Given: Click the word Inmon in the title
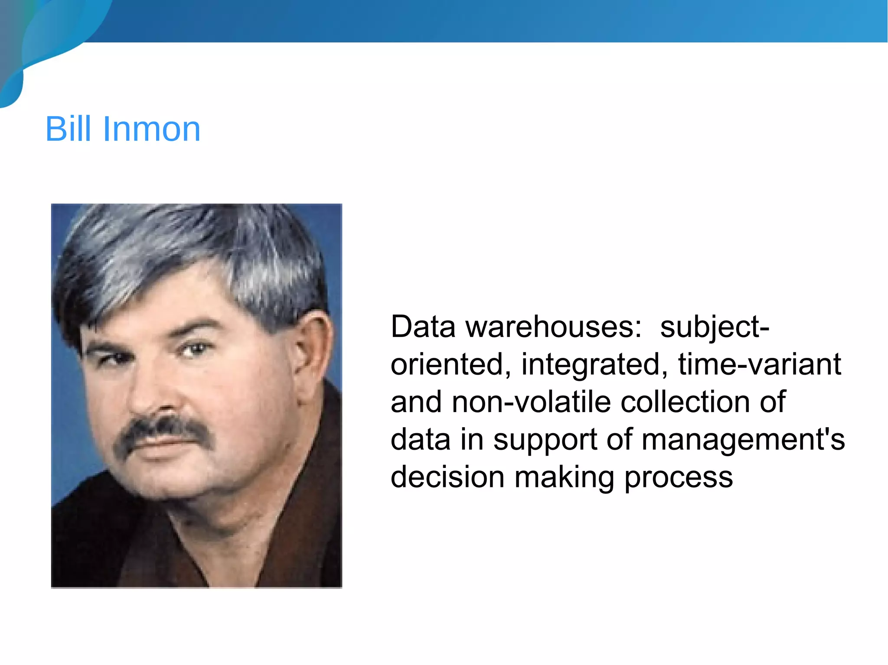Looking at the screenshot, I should (151, 129).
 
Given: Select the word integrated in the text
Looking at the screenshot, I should (594, 364).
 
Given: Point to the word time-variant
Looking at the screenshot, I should (759, 364).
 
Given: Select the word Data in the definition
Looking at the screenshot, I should (423, 327).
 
